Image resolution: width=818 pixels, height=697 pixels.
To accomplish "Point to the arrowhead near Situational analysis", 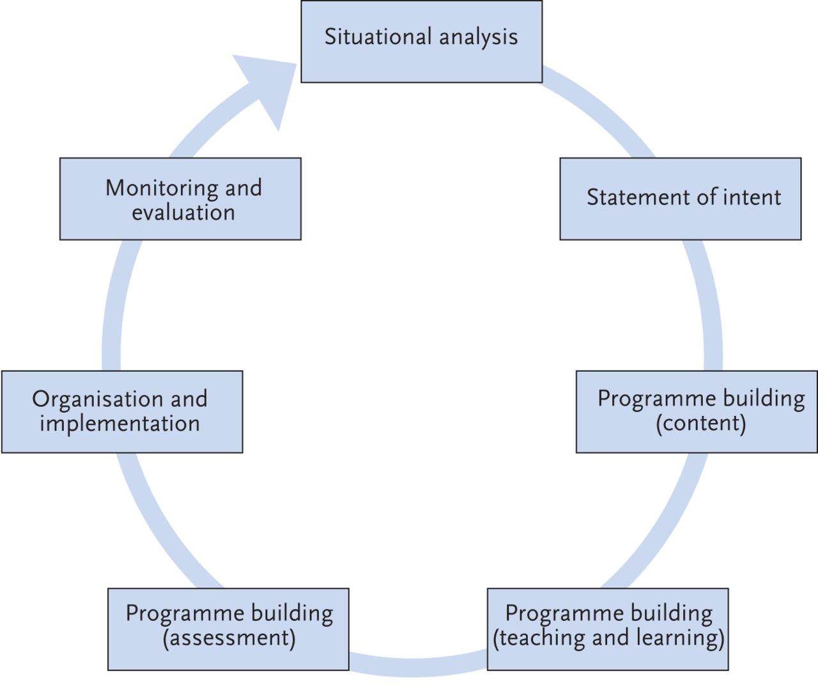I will [268, 86].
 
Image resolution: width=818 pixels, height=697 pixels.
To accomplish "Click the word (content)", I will [701, 424].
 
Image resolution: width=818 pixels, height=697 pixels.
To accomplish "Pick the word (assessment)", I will [229, 638].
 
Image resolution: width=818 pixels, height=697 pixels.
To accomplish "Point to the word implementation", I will [120, 424].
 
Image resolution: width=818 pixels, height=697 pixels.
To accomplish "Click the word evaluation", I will [183, 212].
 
